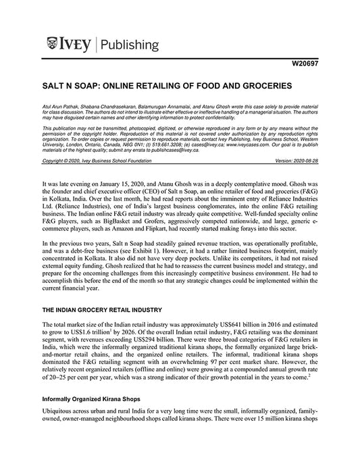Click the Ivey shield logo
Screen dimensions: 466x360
coord(54,45)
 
